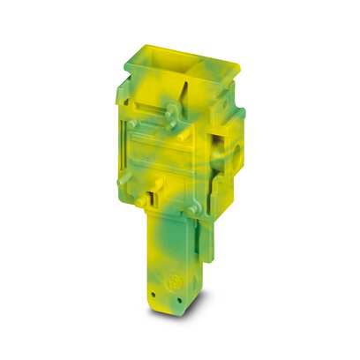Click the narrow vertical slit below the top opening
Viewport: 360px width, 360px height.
(x=188, y=102)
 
